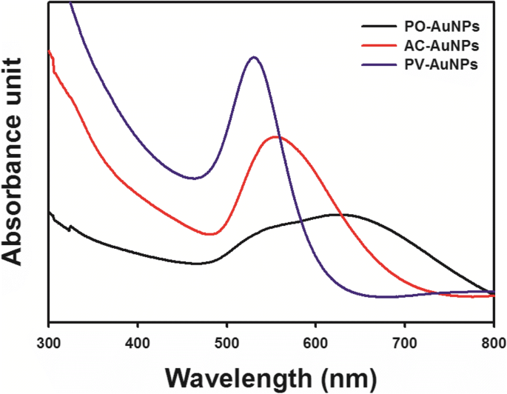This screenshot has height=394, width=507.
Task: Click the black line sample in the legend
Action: tap(375, 28)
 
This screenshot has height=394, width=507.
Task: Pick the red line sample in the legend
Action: tap(375, 47)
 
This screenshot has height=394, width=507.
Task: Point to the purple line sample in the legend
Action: tap(375, 65)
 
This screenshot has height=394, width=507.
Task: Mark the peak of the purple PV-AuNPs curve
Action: tap(254, 56)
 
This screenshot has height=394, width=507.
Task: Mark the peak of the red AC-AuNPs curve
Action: tap(276, 137)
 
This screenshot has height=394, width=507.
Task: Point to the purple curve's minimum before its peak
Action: tap(194, 178)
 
